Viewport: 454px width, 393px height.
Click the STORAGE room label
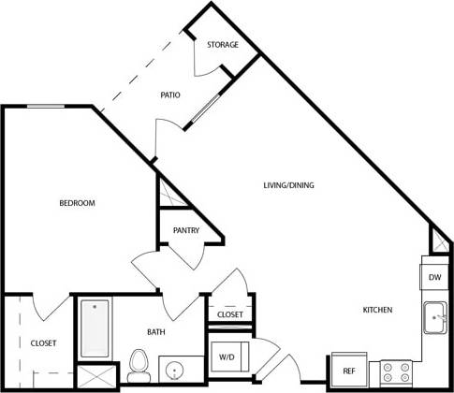pyautogui.click(x=223, y=45)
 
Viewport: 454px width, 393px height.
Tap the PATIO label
pyautogui.click(x=169, y=95)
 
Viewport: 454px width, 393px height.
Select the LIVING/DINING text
pyautogui.click(x=288, y=185)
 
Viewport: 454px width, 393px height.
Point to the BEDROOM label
pyautogui.click(x=77, y=203)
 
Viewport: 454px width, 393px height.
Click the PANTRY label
pyautogui.click(x=185, y=230)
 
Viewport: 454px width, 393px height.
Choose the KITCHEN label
pyautogui.click(x=377, y=310)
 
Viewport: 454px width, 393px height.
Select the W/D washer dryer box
pyautogui.click(x=227, y=357)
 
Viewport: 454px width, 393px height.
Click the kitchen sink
pyautogui.click(x=434, y=318)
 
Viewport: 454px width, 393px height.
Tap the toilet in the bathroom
pyautogui.click(x=139, y=364)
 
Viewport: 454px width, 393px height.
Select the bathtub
pyautogui.click(x=95, y=327)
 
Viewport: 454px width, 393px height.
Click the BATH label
pyautogui.click(x=156, y=331)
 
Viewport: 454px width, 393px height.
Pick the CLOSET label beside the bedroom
pyautogui.click(x=43, y=343)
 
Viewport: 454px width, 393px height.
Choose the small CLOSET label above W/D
pyautogui.click(x=230, y=314)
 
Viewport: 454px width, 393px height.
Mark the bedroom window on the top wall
pyautogui.click(x=45, y=107)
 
